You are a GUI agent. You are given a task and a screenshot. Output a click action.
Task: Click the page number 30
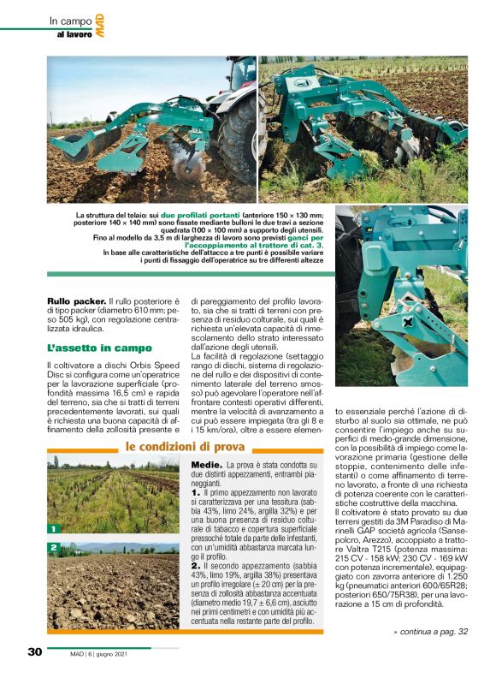[35, 651]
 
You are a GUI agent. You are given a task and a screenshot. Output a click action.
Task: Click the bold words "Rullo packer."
[76, 302]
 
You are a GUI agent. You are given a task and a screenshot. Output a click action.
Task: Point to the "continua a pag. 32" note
[431, 632]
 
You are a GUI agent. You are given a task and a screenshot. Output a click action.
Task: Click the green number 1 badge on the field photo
[53, 529]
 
